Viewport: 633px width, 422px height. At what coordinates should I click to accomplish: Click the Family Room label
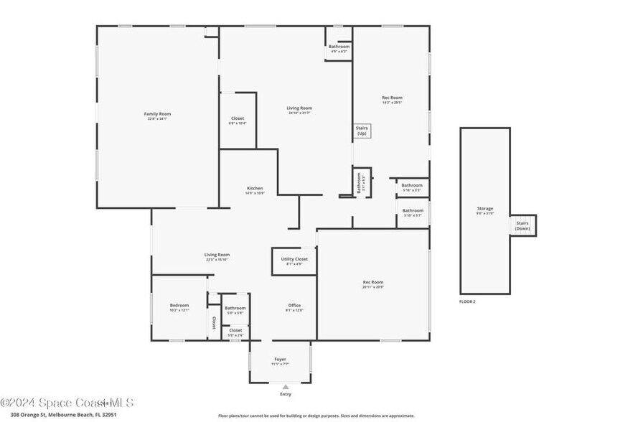coord(157,114)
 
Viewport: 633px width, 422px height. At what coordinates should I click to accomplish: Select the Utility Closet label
coord(294,259)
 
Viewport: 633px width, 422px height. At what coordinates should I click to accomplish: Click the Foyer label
coord(280,359)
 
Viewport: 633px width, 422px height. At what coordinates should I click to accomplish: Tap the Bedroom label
coord(179,305)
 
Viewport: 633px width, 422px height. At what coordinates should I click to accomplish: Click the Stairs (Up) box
coord(362,131)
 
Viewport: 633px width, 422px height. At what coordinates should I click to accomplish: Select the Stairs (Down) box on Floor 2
coord(522,225)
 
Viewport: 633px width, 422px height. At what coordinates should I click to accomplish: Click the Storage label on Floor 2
coord(485,208)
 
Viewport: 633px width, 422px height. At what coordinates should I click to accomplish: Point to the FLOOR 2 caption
coord(468,301)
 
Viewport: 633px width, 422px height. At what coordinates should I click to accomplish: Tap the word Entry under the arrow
coord(286,394)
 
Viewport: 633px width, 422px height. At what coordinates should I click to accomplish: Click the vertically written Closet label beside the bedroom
coord(214,323)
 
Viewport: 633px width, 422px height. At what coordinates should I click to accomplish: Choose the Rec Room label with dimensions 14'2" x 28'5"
coord(392,98)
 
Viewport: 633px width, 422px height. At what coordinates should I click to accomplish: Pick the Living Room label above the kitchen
coord(299,108)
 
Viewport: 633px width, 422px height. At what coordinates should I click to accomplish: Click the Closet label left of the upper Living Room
coord(238,118)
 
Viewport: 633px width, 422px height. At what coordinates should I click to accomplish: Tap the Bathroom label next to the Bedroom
coord(235,308)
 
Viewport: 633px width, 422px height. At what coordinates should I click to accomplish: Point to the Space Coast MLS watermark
coord(66,403)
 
